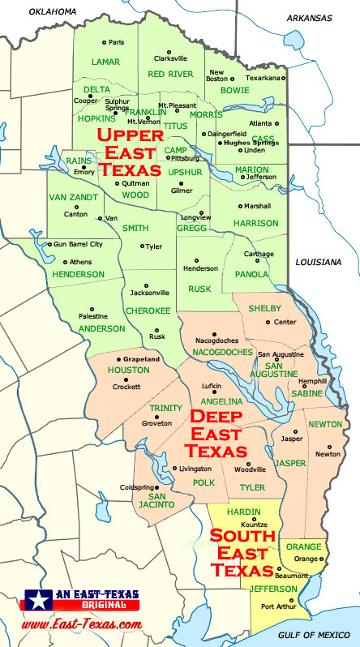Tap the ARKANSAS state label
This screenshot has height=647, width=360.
point(309,17)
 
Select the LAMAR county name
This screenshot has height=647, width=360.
point(105,62)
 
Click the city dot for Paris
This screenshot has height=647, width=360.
point(103,42)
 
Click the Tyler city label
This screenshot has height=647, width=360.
point(153,246)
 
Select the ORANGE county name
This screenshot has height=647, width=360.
point(304,546)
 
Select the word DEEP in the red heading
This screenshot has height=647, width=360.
point(218,418)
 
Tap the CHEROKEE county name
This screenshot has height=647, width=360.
point(148,310)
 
